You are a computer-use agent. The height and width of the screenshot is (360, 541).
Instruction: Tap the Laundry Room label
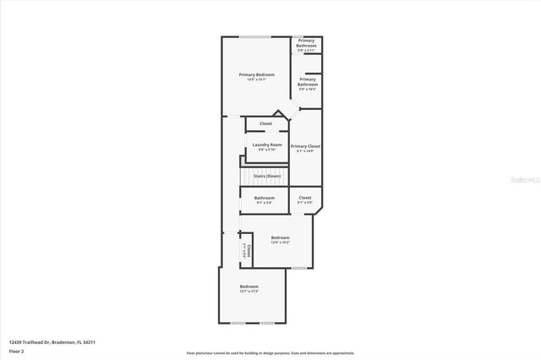[x=267, y=145]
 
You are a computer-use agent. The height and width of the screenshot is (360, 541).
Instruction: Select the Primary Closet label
[x=305, y=146]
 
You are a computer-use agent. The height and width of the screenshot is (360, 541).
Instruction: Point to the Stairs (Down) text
[x=267, y=176]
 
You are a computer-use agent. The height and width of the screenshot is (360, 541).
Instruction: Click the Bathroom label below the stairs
[x=265, y=198]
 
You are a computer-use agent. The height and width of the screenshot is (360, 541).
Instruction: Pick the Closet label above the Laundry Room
[x=265, y=124]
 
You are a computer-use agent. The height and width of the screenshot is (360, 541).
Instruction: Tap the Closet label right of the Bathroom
[x=305, y=198]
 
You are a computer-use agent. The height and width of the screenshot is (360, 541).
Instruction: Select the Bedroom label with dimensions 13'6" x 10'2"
[x=281, y=237]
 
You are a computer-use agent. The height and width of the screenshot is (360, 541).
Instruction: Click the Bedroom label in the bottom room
[x=249, y=286]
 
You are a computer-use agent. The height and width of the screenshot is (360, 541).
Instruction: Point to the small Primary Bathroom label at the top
[x=306, y=42]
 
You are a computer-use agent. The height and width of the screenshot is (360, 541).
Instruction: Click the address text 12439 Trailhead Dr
[x=52, y=342]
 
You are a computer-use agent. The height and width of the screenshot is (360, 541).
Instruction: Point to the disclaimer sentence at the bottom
[x=270, y=352]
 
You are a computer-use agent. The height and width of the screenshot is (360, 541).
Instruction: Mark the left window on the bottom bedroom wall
[x=238, y=323]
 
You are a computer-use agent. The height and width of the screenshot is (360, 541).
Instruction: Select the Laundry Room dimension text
[x=267, y=150]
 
